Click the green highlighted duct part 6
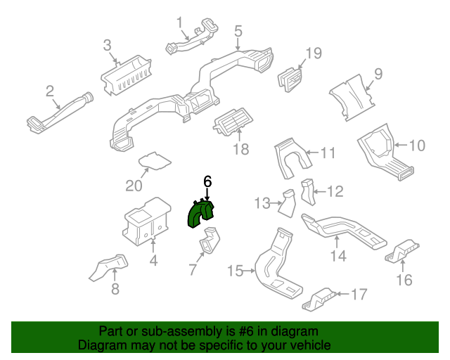[x=202, y=212]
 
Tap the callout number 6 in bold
[x=207, y=181]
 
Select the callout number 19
[x=313, y=53]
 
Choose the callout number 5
[x=238, y=31]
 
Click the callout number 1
[x=179, y=22]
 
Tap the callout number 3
[x=108, y=46]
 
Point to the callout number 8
[x=115, y=288]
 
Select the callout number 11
[x=329, y=153]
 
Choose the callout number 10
[x=417, y=146]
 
